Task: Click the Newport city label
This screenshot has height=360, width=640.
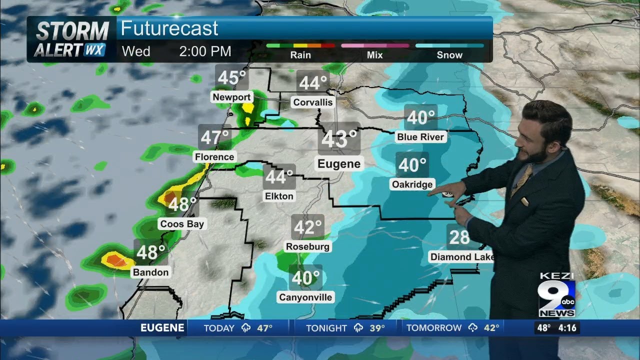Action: pos(231,97)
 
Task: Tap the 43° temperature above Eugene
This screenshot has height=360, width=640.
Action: pos(339,139)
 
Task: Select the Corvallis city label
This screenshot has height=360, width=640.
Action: pos(313,102)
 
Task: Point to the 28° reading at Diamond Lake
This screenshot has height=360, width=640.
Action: pos(459,237)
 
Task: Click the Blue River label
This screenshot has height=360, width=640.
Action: pos(420,136)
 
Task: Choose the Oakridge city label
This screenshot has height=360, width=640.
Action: pos(412,184)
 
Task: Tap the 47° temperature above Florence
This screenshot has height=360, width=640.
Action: pos(215,137)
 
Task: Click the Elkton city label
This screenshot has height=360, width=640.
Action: pos(279,196)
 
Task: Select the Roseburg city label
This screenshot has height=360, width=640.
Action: pos(307,246)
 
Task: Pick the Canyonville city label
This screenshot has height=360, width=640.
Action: pos(305,297)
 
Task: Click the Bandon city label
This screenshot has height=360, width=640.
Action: pos(150,272)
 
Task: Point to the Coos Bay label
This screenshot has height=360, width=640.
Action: pos(182,224)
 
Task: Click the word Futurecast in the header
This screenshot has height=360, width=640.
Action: pos(169,28)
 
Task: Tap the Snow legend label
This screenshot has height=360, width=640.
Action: pos(449,55)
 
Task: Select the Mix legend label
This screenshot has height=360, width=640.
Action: pos(374,55)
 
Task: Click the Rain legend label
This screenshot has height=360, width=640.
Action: pos(300,55)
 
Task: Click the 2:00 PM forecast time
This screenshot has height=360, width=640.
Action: pos(205,51)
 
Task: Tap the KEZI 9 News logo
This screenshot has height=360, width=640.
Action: pos(556,296)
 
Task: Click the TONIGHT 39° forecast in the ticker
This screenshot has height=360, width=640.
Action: pos(345,328)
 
